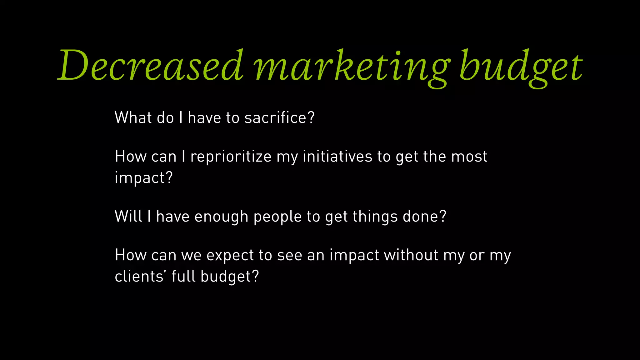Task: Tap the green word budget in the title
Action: click(x=520, y=67)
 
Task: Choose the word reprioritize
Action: click(x=231, y=157)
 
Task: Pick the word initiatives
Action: click(x=337, y=157)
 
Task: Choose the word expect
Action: click(x=230, y=256)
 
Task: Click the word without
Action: click(x=411, y=255)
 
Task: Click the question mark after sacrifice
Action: click(x=311, y=118)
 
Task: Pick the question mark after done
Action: click(x=443, y=216)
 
